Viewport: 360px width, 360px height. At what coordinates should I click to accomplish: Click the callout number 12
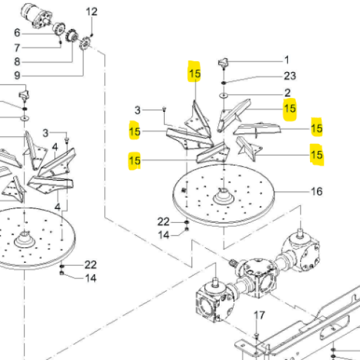pyautogui.click(x=92, y=12)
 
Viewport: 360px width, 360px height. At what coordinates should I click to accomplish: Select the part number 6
pyautogui.click(x=17, y=33)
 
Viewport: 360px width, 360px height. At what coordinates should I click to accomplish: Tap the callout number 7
pyautogui.click(x=17, y=48)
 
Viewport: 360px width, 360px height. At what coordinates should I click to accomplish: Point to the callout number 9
pyautogui.click(x=17, y=75)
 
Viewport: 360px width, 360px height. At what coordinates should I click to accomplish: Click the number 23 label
pyautogui.click(x=290, y=76)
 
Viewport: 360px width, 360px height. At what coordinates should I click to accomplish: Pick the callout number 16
pyautogui.click(x=316, y=191)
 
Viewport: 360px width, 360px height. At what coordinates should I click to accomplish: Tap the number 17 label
pyautogui.click(x=260, y=315)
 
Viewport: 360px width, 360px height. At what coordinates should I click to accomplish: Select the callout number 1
pyautogui.click(x=287, y=60)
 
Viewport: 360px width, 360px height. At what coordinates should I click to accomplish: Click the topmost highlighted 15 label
pyautogui.click(x=195, y=74)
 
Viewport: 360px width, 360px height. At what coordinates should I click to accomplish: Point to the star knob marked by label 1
pyautogui.click(x=224, y=63)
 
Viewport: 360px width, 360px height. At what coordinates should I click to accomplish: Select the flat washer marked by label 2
pyautogui.click(x=224, y=95)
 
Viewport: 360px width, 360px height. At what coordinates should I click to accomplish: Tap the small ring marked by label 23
pyautogui.click(x=224, y=83)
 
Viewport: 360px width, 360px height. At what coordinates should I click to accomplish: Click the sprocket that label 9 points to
pyautogui.click(x=85, y=43)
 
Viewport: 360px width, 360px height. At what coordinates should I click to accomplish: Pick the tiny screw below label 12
pyautogui.click(x=92, y=35)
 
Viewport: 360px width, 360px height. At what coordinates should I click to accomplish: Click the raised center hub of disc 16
pyautogui.click(x=224, y=196)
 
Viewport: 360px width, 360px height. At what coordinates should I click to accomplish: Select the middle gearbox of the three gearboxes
pyautogui.click(x=260, y=278)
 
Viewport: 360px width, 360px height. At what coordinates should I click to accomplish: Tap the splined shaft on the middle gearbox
pyautogui.click(x=233, y=263)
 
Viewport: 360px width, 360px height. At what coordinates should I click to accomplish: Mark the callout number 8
pyautogui.click(x=17, y=61)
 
